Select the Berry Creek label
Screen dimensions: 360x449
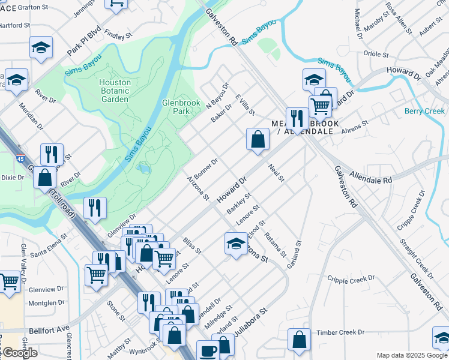point(424,111)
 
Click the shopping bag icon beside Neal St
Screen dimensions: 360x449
point(257,140)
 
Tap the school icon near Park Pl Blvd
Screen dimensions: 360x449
point(41,47)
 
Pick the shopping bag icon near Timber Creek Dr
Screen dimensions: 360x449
point(299,340)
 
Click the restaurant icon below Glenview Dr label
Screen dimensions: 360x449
point(95,208)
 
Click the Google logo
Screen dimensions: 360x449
point(20,353)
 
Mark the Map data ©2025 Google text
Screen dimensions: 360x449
point(411,355)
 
